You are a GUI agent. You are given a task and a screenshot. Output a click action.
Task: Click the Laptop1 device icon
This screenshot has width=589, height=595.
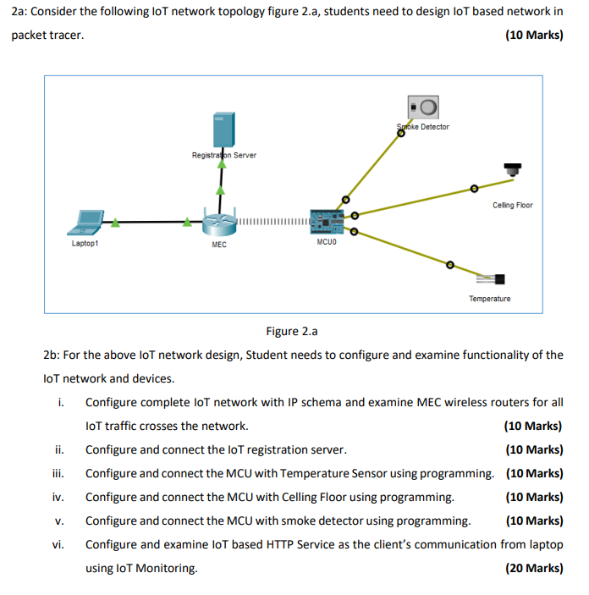coord(86,222)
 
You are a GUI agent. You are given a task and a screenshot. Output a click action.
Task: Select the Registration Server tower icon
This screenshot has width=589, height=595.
coord(222,129)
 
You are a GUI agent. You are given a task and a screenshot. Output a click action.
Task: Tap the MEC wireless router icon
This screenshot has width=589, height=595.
coord(220,223)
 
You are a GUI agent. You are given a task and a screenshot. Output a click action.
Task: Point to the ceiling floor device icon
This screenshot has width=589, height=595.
coord(511,169)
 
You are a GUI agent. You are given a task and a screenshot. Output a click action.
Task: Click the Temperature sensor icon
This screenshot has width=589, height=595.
coord(492,278)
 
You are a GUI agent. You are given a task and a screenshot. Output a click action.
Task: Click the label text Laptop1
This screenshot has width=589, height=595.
coord(85,243)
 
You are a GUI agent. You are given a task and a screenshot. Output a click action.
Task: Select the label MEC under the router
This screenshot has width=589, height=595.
coord(219,245)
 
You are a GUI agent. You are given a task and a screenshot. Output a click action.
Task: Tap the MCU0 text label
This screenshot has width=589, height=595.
coord(326,242)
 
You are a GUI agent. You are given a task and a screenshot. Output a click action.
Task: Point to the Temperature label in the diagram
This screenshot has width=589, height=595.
coord(490,299)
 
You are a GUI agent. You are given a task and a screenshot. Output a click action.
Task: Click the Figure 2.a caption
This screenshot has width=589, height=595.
coord(293,331)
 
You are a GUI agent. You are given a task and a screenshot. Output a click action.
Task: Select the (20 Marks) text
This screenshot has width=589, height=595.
coord(533,568)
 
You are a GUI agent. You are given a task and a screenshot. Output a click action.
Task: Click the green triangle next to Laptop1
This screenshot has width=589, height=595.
coord(114,223)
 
